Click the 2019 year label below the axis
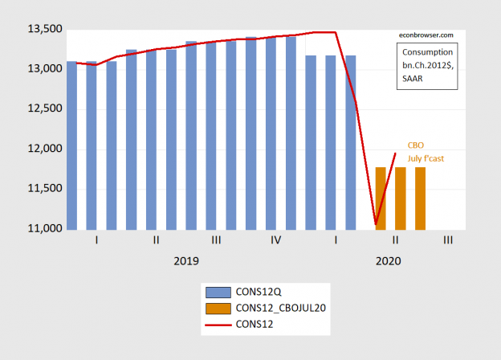click(185, 261)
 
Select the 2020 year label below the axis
click(386, 261)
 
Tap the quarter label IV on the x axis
click(276, 240)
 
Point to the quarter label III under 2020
click(446, 240)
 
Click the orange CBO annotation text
click(416, 145)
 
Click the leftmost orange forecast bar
click(381, 198)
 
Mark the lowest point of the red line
click(375, 224)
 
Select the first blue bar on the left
click(71, 145)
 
